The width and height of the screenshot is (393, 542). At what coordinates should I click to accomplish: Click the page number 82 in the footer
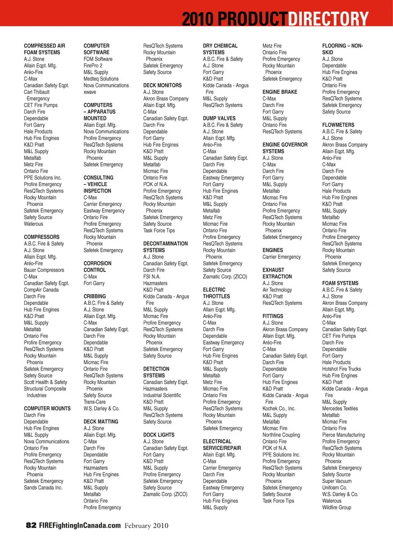31,525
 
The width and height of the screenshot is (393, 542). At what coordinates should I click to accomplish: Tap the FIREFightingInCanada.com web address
80,525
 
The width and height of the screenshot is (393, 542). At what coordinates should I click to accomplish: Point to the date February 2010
146,526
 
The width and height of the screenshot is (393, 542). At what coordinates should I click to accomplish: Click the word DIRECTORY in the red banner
328,19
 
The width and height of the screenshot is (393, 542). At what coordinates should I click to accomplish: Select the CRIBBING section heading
95,296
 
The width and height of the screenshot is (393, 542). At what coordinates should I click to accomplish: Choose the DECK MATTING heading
101,421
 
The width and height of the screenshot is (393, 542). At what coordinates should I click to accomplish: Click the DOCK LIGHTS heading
159,435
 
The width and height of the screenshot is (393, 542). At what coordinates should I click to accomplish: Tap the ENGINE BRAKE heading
280,92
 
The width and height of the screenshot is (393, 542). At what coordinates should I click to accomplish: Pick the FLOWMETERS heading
338,125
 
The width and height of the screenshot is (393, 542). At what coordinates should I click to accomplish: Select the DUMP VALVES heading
219,118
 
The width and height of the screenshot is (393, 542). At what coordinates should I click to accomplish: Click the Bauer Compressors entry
44,270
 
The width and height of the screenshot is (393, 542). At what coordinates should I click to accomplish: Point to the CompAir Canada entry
41,290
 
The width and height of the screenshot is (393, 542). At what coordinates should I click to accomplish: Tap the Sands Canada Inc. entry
43,487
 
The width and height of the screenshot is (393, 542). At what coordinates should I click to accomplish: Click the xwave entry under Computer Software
90,92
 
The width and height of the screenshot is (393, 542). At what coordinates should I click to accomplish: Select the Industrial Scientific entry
162,395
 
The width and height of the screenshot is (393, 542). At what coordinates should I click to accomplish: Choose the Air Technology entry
277,290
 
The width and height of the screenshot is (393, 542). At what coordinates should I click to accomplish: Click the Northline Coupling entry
281,435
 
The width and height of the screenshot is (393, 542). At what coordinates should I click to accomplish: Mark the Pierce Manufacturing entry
343,435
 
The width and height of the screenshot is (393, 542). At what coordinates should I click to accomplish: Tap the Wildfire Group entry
337,507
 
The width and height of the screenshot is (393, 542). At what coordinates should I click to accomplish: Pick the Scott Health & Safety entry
45,382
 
